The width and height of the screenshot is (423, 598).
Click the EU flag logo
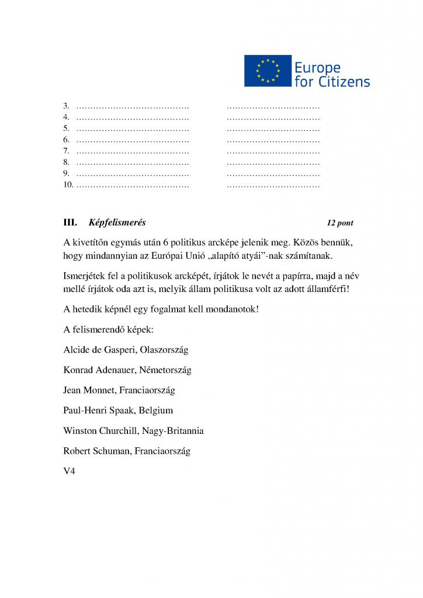[x=268, y=71]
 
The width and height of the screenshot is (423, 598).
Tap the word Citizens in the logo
[x=344, y=81]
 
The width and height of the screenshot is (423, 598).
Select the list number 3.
[x=66, y=106]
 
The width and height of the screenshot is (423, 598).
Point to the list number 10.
[x=68, y=185]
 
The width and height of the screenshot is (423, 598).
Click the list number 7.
[x=66, y=151]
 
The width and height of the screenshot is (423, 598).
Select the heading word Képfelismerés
[x=117, y=222]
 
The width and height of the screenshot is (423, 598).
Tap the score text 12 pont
[x=340, y=223]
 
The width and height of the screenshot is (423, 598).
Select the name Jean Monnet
[x=87, y=390]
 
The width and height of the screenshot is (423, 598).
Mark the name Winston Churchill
[x=100, y=431]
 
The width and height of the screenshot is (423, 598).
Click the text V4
[x=69, y=471]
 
